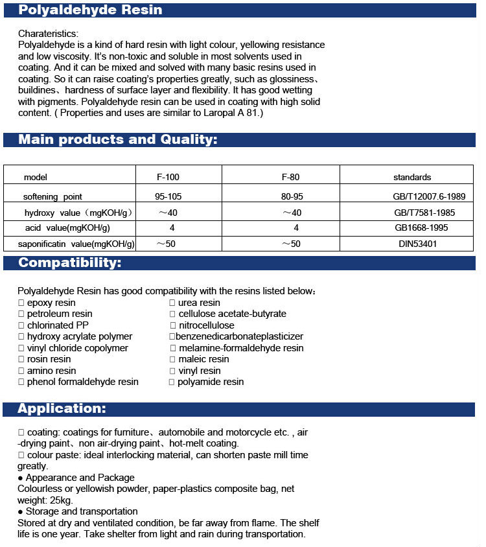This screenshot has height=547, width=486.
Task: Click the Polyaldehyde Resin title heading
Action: pyautogui.click(x=90, y=10)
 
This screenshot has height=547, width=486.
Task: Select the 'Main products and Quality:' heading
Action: pyautogui.click(x=117, y=139)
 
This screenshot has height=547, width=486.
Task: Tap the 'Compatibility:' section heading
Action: pyautogui.click(x=69, y=262)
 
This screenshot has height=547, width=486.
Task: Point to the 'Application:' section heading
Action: pyautogui.click(x=62, y=408)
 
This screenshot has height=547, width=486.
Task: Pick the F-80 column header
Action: pyautogui.click(x=291, y=177)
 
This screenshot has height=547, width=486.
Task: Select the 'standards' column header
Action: pyautogui.click(x=412, y=177)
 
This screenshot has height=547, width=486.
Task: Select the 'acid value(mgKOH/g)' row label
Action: pyautogui.click(x=67, y=227)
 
